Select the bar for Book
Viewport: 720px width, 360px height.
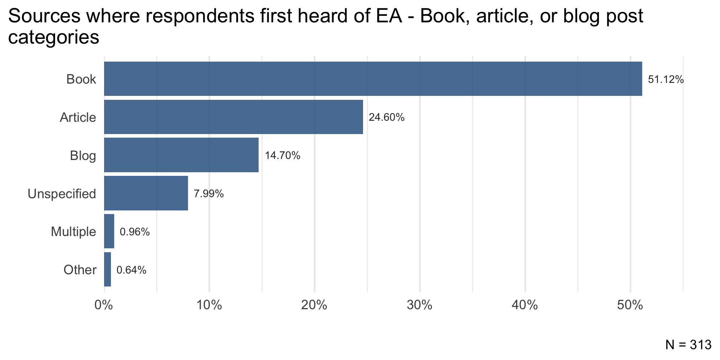(x=373, y=79)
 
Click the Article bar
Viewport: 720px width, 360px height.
(x=233, y=117)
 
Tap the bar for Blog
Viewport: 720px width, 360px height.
(x=181, y=155)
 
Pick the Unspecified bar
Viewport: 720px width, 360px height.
(x=146, y=193)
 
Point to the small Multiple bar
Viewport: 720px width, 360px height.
(x=109, y=231)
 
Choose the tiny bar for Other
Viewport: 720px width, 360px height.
(x=107, y=270)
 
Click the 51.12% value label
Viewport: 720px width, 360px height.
(x=666, y=80)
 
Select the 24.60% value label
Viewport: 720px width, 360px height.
(x=386, y=117)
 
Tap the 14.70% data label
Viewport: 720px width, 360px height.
(x=282, y=156)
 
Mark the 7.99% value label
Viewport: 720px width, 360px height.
(x=209, y=194)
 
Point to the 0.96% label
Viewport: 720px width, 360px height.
(x=134, y=232)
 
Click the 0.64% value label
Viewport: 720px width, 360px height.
(x=131, y=270)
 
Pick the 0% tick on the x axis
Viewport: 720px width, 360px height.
(x=104, y=305)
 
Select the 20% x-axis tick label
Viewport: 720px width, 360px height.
(x=314, y=305)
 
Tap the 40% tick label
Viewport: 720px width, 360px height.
(x=525, y=305)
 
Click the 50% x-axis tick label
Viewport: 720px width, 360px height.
(x=630, y=305)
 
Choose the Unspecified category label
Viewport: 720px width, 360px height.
(x=62, y=194)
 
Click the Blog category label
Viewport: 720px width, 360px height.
(x=83, y=156)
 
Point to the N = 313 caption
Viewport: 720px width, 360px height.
(x=688, y=345)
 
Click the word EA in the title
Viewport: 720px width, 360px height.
(x=390, y=17)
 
